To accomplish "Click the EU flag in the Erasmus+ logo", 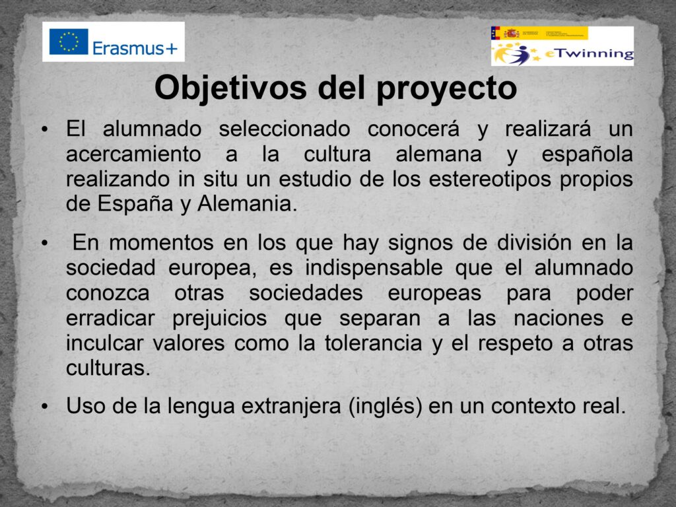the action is click(x=69, y=42).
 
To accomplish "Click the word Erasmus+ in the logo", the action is click(x=135, y=48).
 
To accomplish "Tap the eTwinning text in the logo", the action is click(x=590, y=54).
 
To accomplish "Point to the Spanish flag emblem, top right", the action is click(x=512, y=33).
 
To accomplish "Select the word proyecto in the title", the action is click(x=446, y=89).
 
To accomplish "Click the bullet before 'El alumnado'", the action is click(x=44, y=129).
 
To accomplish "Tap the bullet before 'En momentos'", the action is click(x=44, y=243).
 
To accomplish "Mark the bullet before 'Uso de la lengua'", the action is click(x=44, y=406).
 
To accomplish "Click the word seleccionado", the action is click(x=284, y=129).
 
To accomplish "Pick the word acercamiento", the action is click(x=133, y=154).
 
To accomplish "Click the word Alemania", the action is click(x=248, y=203).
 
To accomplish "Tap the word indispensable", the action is click(x=374, y=268).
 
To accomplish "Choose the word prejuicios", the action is click(x=219, y=319).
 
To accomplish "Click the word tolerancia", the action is click(x=374, y=343).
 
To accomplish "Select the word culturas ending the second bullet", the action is click(x=108, y=368).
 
